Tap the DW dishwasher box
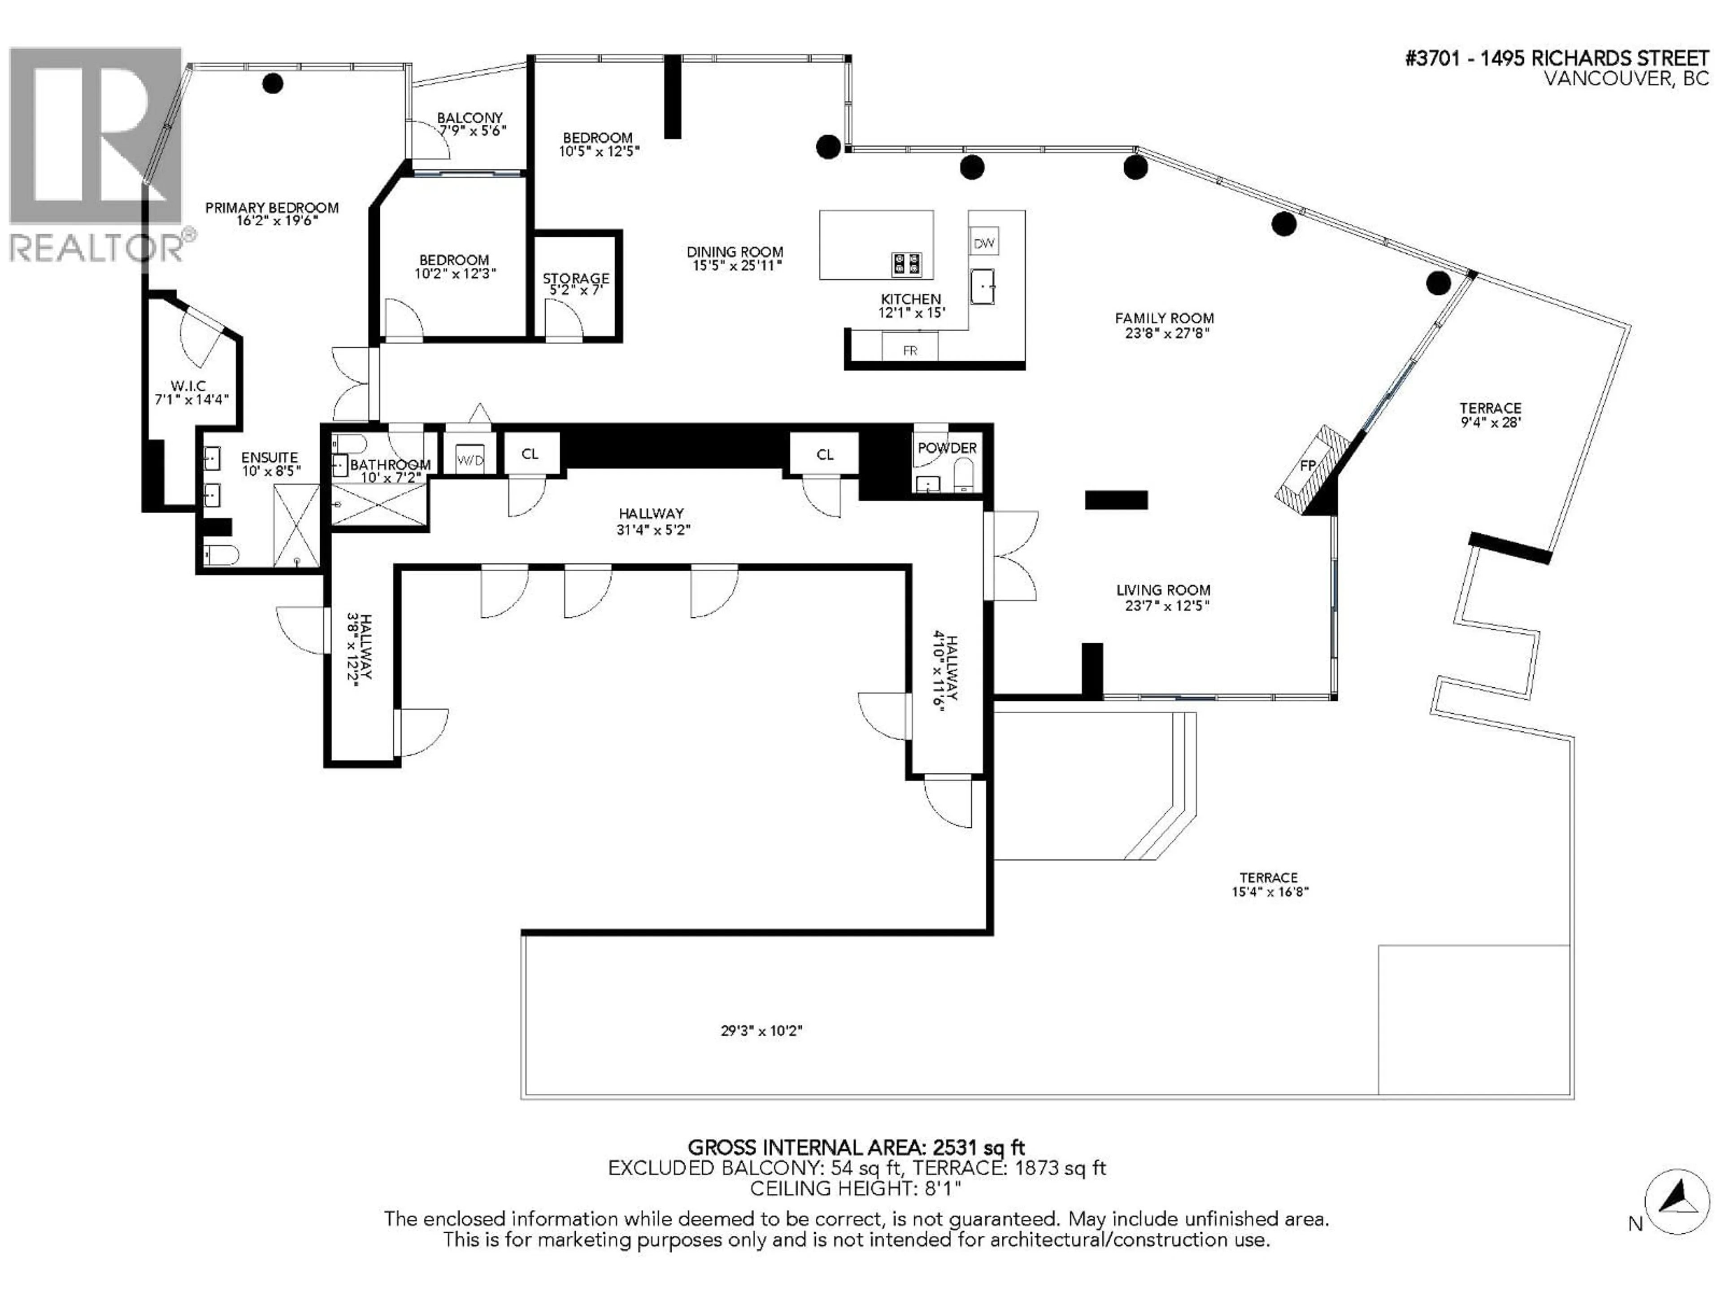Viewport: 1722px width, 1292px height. [x=984, y=243]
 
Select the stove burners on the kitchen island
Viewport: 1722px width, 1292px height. [x=906, y=264]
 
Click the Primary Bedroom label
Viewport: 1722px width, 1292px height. [x=272, y=208]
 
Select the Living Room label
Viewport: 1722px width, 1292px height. [x=1163, y=590]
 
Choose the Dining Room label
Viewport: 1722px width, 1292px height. [x=734, y=252]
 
